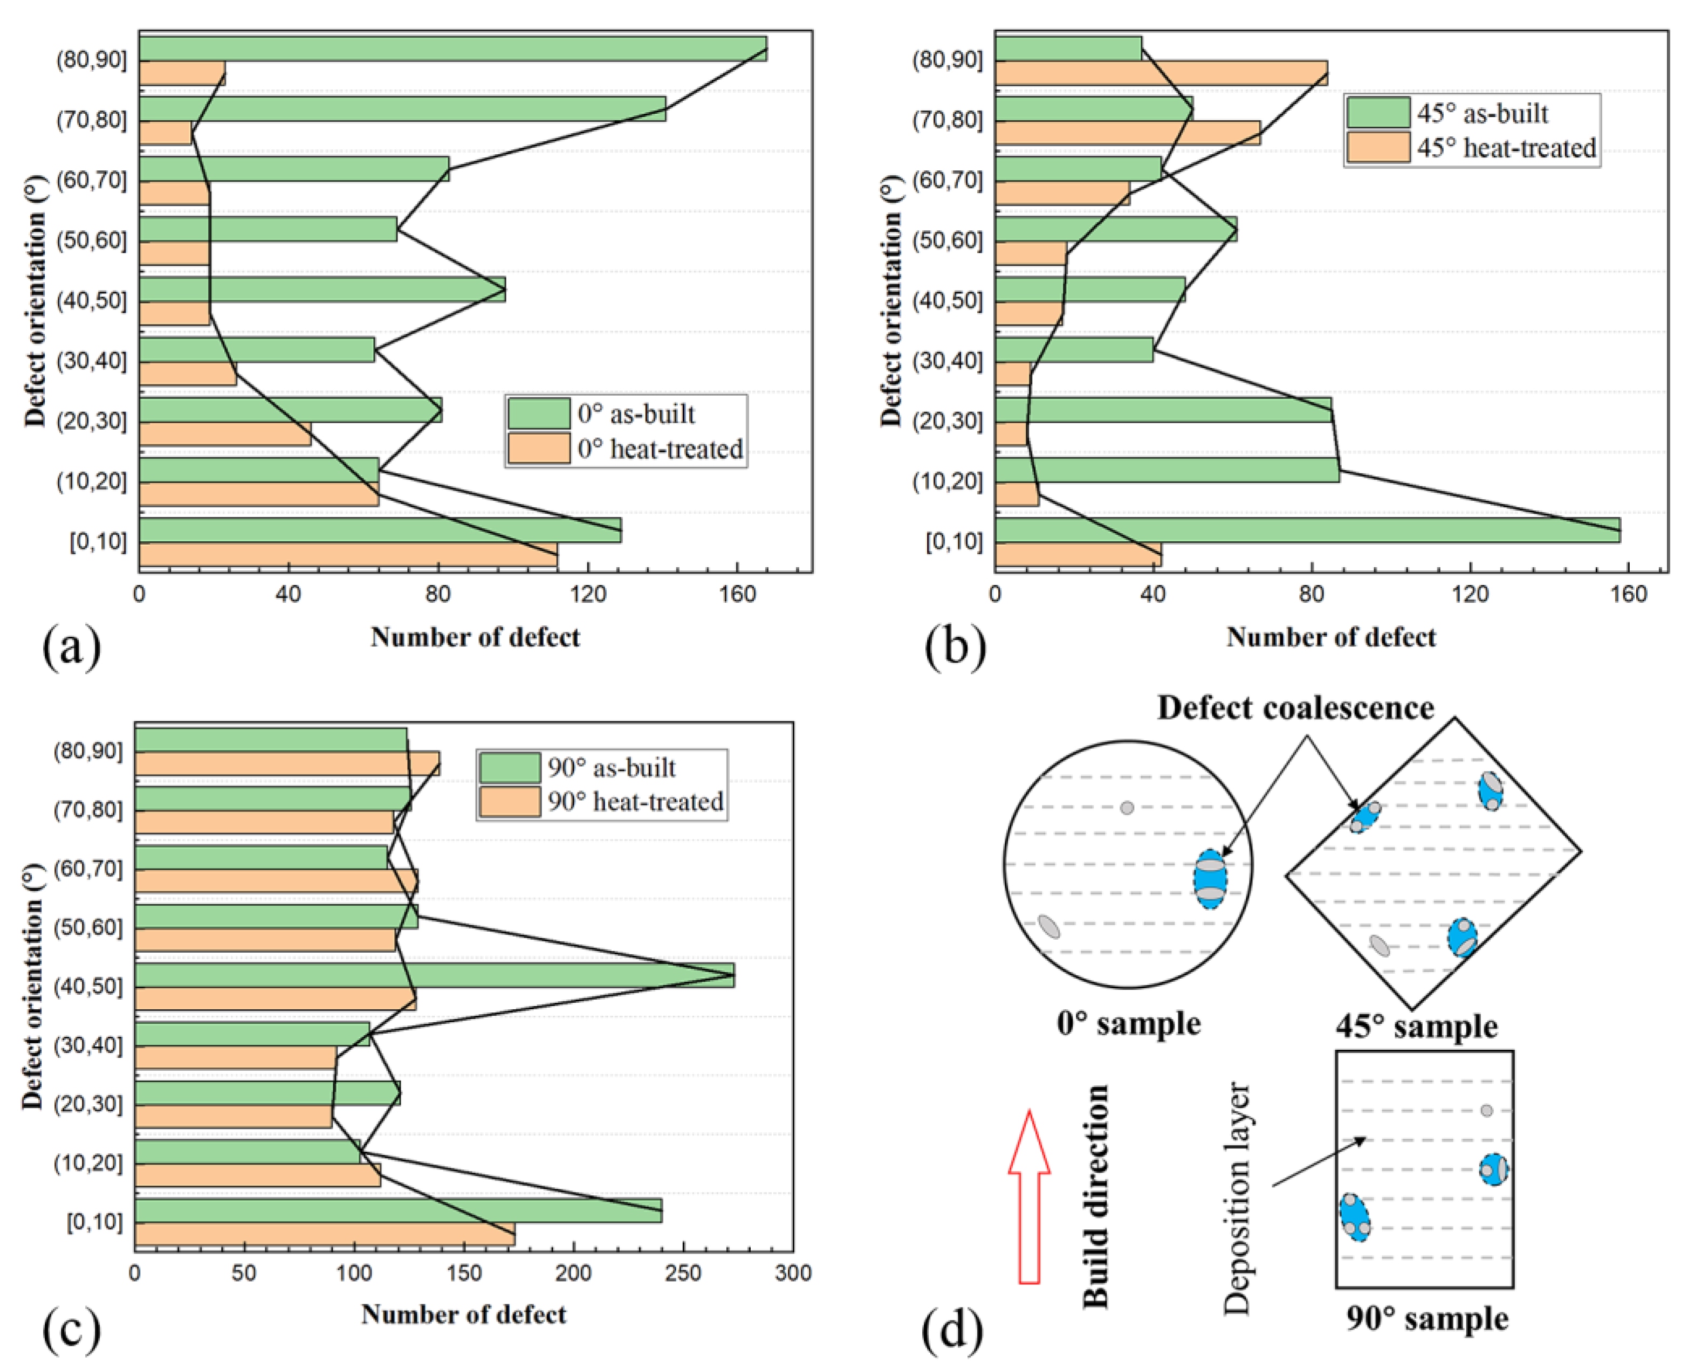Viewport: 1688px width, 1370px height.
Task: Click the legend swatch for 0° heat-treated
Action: (x=538, y=448)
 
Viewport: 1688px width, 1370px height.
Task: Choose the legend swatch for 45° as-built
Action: (x=1378, y=113)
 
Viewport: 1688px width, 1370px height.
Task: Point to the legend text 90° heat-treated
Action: (x=635, y=802)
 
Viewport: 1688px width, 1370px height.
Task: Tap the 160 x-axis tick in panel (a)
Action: (x=738, y=594)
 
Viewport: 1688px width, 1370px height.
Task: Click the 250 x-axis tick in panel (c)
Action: (x=683, y=1273)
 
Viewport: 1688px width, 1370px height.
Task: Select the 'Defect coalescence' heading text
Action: (x=1295, y=708)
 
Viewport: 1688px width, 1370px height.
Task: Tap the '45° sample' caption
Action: (x=1417, y=1027)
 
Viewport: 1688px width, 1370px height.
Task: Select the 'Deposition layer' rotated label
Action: (x=1237, y=1198)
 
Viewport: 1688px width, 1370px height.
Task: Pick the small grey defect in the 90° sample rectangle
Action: (x=1487, y=1110)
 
